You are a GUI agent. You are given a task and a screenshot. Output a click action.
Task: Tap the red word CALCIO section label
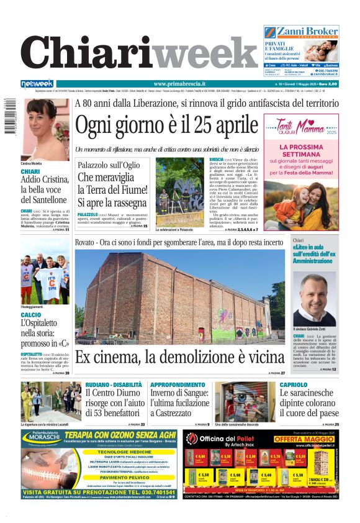tap(31, 315)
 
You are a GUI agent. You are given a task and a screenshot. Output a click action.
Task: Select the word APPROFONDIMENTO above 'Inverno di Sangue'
tap(178, 385)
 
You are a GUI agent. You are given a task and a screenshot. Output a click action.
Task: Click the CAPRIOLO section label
tap(293, 385)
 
